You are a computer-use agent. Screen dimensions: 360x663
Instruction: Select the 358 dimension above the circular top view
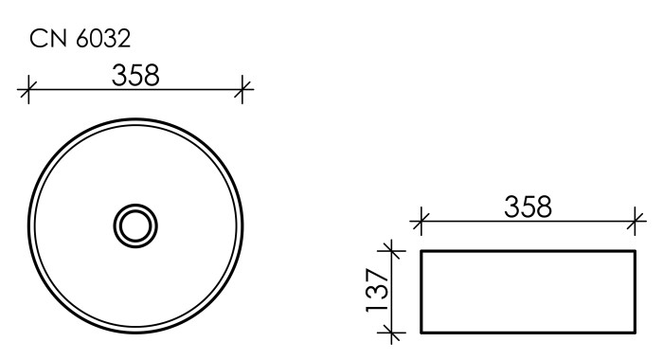pyautogui.click(x=134, y=76)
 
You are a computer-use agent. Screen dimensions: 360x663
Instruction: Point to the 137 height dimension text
pyautogui.click(x=376, y=291)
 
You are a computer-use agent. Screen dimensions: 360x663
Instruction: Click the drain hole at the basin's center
pyautogui.click(x=135, y=225)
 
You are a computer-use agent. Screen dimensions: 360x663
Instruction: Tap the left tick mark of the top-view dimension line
pyautogui.click(x=27, y=91)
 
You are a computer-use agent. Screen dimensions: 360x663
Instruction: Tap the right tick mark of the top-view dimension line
pyautogui.click(x=244, y=91)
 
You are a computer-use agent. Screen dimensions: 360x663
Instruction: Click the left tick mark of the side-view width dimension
pyautogui.click(x=420, y=224)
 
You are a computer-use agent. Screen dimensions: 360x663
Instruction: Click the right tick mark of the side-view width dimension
pyautogui.click(x=636, y=224)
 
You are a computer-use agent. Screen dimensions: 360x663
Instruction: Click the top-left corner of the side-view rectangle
pyautogui.click(x=420, y=251)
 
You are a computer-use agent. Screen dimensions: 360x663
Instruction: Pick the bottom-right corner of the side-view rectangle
pyautogui.click(x=635, y=333)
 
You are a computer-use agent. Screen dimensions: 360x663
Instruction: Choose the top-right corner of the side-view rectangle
pyautogui.click(x=635, y=251)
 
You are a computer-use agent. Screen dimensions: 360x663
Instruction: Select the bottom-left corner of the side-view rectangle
pyautogui.click(x=420, y=333)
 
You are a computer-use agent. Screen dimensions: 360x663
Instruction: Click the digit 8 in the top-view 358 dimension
pyautogui.click(x=149, y=76)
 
